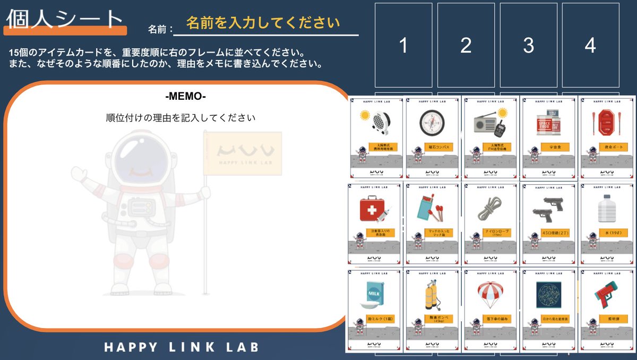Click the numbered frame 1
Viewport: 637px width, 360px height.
pyautogui.click(x=403, y=46)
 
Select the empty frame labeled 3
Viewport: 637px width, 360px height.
pyautogui.click(x=528, y=46)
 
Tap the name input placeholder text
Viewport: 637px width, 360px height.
pyautogui.click(x=263, y=23)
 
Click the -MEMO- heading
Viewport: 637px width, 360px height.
pyautogui.click(x=185, y=97)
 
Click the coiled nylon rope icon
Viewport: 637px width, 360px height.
pyautogui.click(x=489, y=209)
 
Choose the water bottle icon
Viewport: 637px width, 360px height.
pyautogui.click(x=606, y=209)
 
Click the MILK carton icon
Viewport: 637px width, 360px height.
pyautogui.click(x=372, y=295)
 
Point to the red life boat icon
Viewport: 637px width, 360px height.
pyautogui.click(x=605, y=124)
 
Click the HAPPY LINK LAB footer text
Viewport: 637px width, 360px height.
pyautogui.click(x=181, y=347)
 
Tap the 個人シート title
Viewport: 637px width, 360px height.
pyautogui.click(x=65, y=19)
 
